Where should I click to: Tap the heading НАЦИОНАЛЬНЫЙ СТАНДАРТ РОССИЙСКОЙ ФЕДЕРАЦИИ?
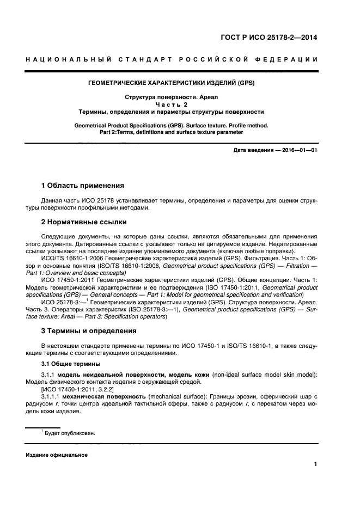pyautogui.click(x=172, y=59)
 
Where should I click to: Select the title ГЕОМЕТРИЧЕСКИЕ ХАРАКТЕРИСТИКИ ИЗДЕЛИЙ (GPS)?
pyautogui.click(x=172, y=84)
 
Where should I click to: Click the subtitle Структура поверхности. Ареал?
pyautogui.click(x=172, y=98)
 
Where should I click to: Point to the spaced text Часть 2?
pyautogui.click(x=172, y=105)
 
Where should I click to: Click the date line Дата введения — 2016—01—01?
pyautogui.click(x=275, y=150)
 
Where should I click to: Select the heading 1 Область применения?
pyautogui.click(x=83, y=186)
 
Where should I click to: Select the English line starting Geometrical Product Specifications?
pyautogui.click(x=172, y=125)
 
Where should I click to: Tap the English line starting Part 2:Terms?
pyautogui.click(x=172, y=132)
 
